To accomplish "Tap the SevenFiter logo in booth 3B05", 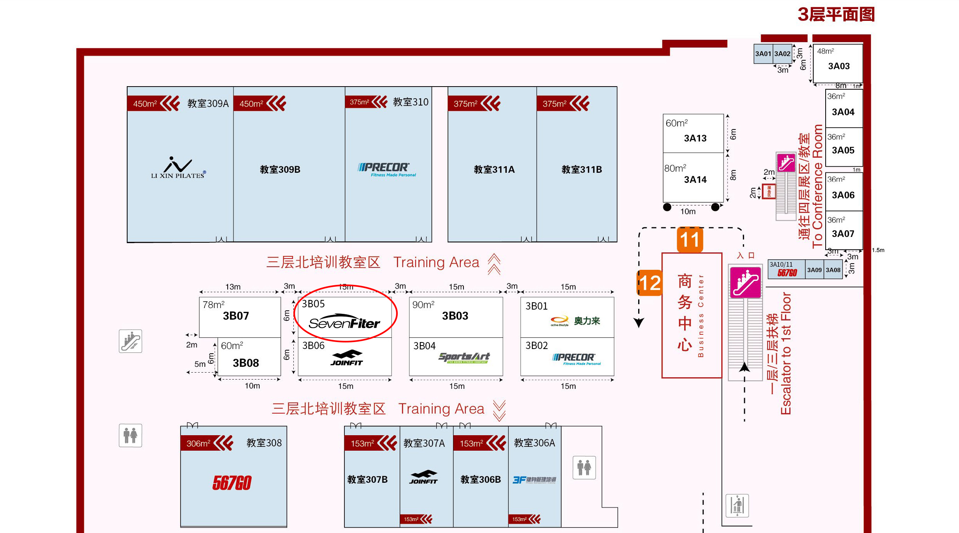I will (x=344, y=322).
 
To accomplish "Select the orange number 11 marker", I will (x=690, y=240).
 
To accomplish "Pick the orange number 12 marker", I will (x=650, y=283).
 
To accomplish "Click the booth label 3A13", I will (x=695, y=138).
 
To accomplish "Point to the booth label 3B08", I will (x=246, y=363).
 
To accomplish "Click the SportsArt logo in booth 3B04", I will (x=464, y=358).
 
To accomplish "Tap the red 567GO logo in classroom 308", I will (x=232, y=483).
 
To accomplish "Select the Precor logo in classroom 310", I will (x=387, y=169).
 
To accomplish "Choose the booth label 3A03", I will (x=839, y=66).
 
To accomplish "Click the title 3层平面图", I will (x=836, y=15).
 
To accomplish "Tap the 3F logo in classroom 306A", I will (x=534, y=480).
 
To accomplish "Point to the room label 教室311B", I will (x=582, y=169).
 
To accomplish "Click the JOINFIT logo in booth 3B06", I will (x=347, y=358).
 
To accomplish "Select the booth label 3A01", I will (x=763, y=54).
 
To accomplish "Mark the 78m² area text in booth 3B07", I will (x=213, y=305).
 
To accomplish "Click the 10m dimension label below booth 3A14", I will (x=688, y=211).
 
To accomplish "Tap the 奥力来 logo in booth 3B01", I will (x=575, y=321).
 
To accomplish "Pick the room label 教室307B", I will (x=367, y=480).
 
